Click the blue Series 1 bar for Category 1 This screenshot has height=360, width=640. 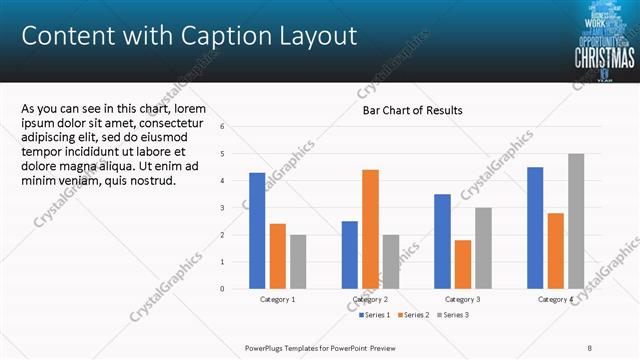[257, 231]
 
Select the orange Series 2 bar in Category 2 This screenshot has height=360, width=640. [370, 229]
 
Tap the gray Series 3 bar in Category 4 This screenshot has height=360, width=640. [576, 221]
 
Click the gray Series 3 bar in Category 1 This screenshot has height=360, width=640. [298, 262]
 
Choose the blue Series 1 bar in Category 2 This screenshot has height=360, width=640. [350, 255]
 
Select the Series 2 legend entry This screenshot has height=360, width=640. [415, 315]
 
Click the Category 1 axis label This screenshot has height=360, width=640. [277, 299]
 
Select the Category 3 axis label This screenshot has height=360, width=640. [463, 299]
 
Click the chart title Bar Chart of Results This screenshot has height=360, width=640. [412, 110]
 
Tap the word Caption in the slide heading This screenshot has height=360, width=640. [216, 37]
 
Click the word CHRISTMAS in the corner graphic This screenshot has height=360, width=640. [603, 57]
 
